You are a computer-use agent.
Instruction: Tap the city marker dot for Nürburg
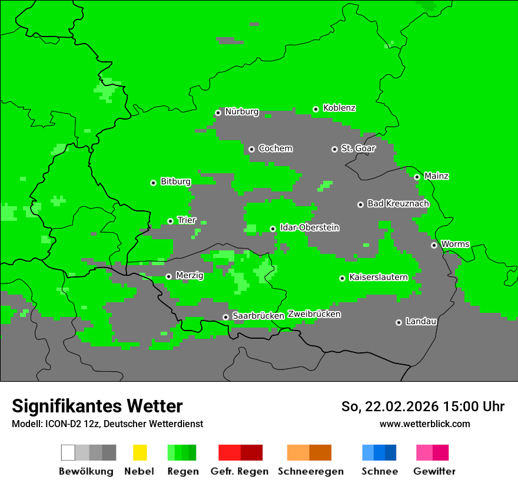218,113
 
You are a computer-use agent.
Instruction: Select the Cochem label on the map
275,148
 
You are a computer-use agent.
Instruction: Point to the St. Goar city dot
334,149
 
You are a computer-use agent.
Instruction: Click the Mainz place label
436,176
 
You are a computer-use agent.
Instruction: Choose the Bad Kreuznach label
398,204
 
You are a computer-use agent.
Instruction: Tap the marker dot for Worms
434,245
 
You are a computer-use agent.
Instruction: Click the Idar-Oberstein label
309,227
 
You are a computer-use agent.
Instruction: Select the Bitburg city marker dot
153,183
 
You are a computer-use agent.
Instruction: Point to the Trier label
187,220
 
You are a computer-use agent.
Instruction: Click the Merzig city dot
168,276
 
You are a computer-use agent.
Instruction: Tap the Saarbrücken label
258,316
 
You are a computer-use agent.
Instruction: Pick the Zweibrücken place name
314,314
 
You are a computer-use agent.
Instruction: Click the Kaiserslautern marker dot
342,278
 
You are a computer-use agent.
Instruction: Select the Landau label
421,322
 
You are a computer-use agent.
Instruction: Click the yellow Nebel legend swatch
140,452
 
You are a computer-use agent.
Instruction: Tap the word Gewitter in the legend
434,471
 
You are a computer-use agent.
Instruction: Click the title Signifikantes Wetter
97,406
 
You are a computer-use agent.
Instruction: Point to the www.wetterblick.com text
424,424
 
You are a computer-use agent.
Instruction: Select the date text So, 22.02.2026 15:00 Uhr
423,407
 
